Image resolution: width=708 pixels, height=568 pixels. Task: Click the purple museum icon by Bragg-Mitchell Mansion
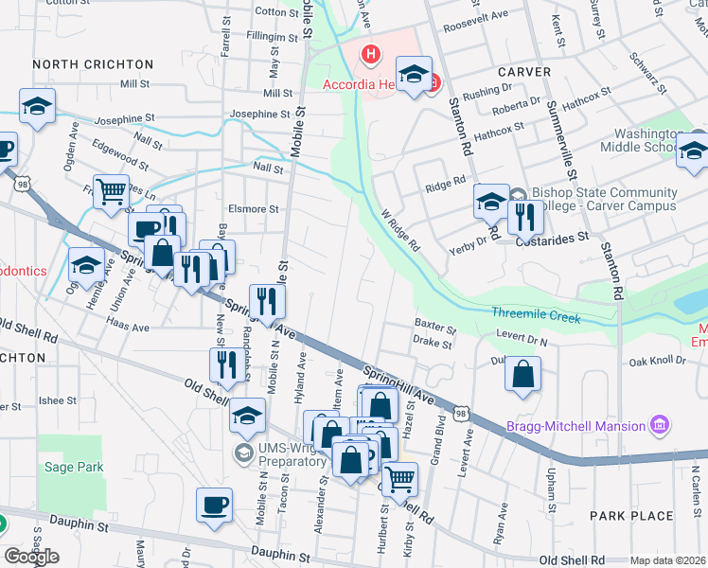[x=661, y=425]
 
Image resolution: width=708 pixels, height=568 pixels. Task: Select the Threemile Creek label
[x=536, y=317]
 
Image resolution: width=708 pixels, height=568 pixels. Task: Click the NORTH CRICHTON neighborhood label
[x=93, y=64]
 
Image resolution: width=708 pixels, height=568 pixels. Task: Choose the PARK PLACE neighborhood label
[x=631, y=516]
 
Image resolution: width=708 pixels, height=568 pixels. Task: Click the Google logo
[x=31, y=556]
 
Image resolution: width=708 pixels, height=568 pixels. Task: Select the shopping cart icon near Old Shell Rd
[x=399, y=478]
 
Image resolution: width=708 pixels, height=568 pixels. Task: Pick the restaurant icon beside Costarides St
[x=523, y=217]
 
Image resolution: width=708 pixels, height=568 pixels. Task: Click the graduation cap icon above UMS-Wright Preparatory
[x=247, y=414]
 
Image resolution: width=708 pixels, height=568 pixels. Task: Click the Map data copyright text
[x=668, y=560]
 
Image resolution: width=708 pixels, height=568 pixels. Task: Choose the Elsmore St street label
[x=253, y=209]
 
